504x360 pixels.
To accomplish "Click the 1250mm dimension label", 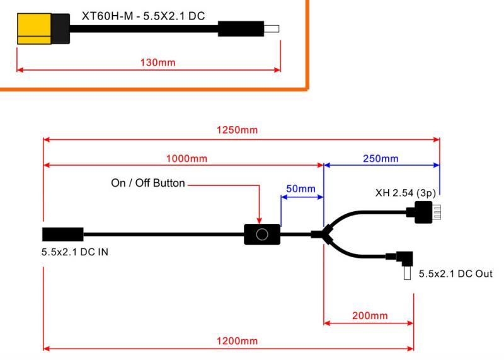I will (x=241, y=130).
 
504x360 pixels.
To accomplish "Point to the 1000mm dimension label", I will (x=187, y=158).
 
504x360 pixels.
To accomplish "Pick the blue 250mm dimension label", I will (x=381, y=158).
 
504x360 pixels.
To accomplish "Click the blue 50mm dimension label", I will (x=301, y=189).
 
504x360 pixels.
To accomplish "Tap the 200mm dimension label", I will (x=370, y=315).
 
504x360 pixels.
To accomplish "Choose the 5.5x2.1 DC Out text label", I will (x=455, y=274).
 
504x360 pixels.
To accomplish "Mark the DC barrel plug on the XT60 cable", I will (x=246, y=29).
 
